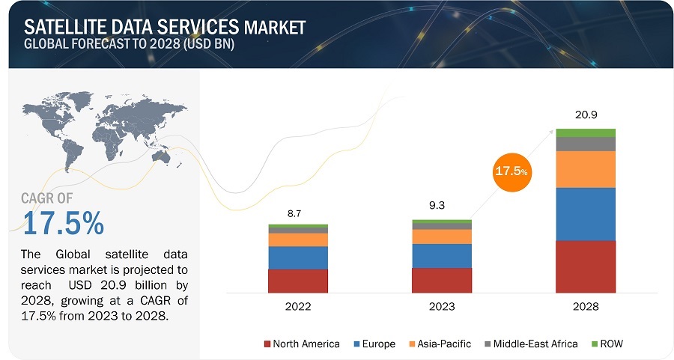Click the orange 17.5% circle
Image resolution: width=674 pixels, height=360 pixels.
tap(511, 171)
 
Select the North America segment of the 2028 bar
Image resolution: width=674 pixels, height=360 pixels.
tap(585, 266)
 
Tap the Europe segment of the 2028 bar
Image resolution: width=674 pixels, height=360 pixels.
tap(585, 213)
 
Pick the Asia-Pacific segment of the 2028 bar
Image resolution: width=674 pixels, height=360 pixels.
tap(585, 169)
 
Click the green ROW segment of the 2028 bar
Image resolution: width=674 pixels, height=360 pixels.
tap(585, 132)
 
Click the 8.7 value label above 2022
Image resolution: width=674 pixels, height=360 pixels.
tap(297, 213)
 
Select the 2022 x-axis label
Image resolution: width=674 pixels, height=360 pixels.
tap(297, 307)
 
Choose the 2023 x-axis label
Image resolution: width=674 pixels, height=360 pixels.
tap(441, 307)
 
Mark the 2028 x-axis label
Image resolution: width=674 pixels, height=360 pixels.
tap(585, 307)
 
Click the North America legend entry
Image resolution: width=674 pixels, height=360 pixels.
tap(300, 344)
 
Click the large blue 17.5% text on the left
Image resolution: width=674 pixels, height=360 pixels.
tap(63, 223)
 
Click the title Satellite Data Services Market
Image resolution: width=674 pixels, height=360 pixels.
tap(164, 27)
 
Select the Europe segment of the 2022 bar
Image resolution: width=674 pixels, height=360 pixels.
tap(297, 257)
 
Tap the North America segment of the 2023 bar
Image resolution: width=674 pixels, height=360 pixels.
tap(441, 280)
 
